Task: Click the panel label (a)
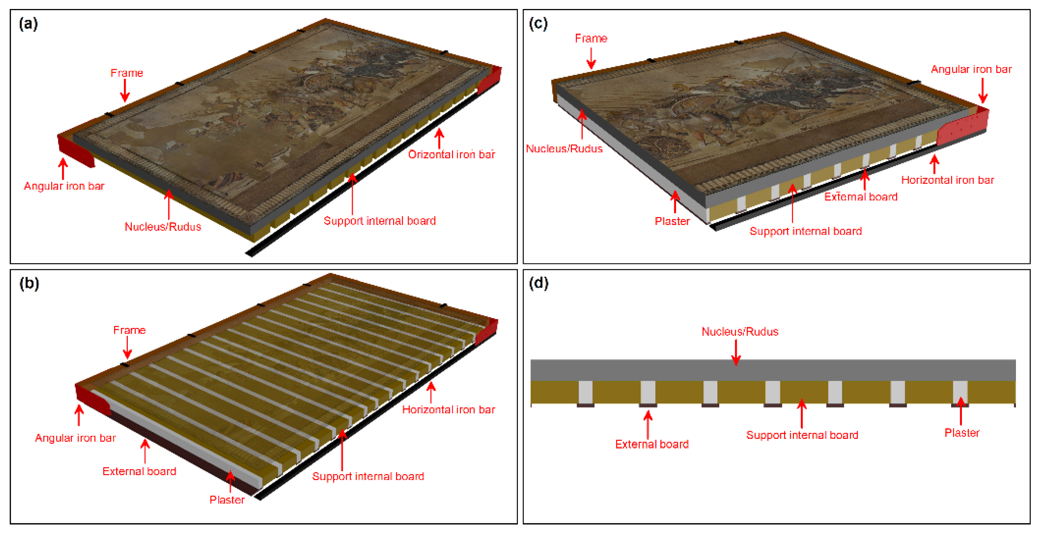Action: click(x=28, y=24)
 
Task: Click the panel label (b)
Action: click(x=29, y=284)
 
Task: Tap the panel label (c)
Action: click(x=538, y=24)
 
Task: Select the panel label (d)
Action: click(x=538, y=284)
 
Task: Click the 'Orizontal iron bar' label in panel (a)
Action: click(x=451, y=154)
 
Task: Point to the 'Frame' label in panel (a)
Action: click(x=127, y=73)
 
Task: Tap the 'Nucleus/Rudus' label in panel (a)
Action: click(x=162, y=226)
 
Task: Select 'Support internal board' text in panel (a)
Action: click(x=380, y=221)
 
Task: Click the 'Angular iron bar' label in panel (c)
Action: click(x=971, y=69)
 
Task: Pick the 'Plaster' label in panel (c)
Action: click(x=672, y=221)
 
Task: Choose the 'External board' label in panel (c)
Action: click(x=861, y=197)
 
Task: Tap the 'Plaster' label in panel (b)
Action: click(x=227, y=500)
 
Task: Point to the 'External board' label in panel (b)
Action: click(x=139, y=471)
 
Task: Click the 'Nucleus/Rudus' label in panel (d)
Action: click(x=740, y=331)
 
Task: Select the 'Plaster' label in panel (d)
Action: click(x=962, y=432)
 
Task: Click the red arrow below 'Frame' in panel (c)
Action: click(x=591, y=58)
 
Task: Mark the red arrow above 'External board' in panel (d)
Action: click(x=648, y=425)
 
